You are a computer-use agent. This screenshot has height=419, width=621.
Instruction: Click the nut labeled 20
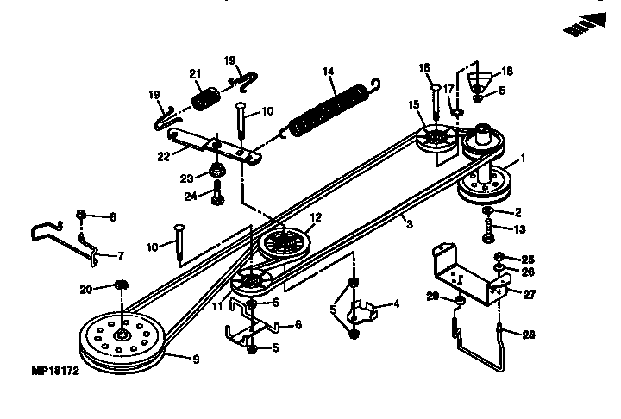[122, 286]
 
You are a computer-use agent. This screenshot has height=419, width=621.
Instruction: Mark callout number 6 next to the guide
[298, 325]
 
